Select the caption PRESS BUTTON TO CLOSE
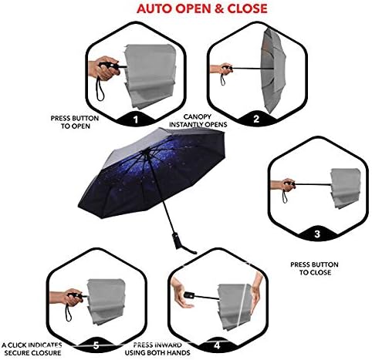click(311, 268)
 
